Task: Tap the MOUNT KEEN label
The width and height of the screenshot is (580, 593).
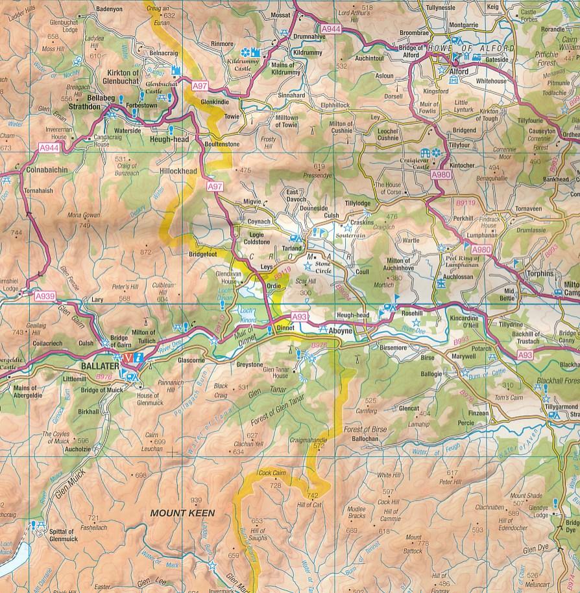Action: [182, 513]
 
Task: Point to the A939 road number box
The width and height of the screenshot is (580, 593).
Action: [45, 296]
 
